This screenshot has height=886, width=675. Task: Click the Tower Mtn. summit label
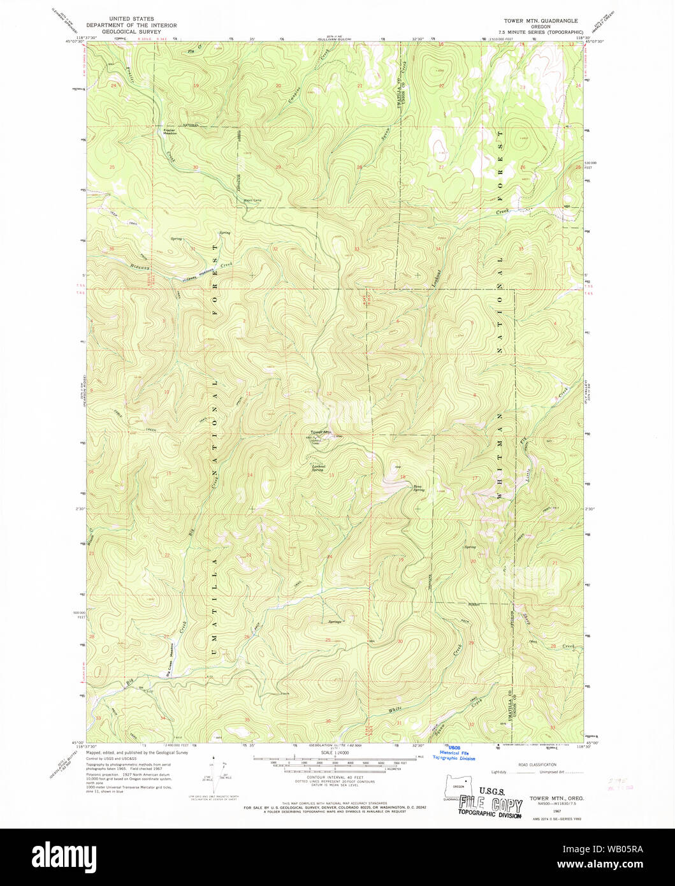point(322,433)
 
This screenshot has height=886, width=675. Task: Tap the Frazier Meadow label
point(170,132)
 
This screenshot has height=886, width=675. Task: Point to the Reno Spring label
point(418,488)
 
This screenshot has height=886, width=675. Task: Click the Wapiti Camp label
point(252,200)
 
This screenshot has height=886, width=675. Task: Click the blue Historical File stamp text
point(454,753)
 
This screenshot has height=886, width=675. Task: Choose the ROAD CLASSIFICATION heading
point(538,764)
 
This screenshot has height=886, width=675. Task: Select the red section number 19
point(196,85)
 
